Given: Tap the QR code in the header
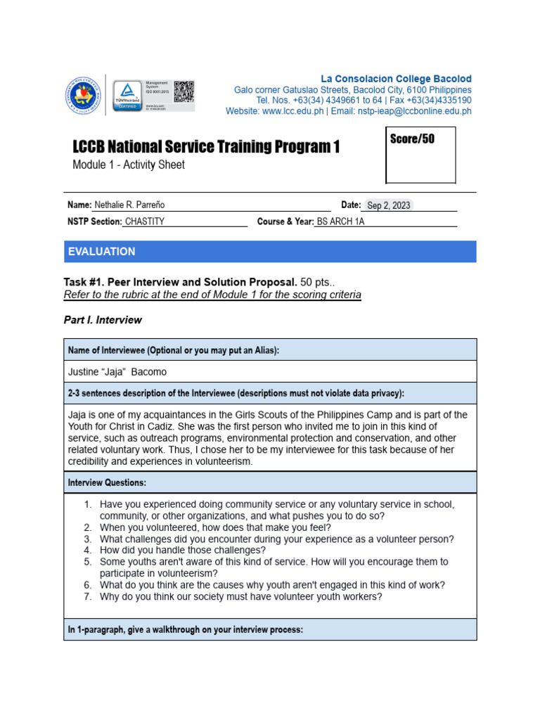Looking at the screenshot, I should (184, 91).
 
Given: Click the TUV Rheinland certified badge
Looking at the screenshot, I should (127, 95).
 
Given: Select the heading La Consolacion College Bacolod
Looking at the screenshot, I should (396, 79).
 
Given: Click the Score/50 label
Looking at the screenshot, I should (412, 139).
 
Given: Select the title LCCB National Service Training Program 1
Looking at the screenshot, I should (206, 147).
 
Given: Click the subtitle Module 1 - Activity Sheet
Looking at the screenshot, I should (129, 165).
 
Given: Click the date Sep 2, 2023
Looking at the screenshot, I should (388, 205).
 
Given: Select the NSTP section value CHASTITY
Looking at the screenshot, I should (144, 221).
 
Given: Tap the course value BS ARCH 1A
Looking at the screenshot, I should (341, 221).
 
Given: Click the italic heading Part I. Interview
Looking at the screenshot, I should (103, 320).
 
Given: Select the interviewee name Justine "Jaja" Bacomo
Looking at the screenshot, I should (117, 372).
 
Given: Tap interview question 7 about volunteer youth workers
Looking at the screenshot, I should (240, 598).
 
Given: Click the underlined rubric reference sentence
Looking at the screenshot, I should (212, 295).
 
